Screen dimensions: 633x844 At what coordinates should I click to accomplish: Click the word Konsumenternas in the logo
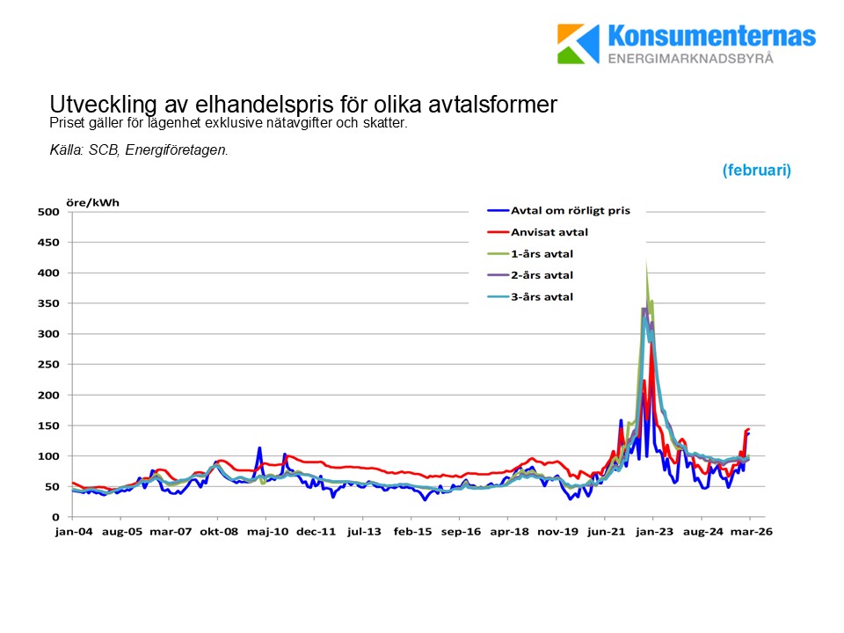pos(711,37)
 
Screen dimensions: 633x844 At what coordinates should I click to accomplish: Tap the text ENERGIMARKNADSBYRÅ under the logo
pos(690,58)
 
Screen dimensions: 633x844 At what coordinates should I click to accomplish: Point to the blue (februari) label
pos(756,171)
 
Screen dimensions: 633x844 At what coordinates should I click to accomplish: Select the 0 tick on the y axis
pos(55,517)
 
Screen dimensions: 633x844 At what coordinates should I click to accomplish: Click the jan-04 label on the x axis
pos(72,532)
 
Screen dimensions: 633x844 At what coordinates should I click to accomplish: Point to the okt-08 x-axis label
pos(218,532)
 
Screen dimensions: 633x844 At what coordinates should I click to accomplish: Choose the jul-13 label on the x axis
pos(364,532)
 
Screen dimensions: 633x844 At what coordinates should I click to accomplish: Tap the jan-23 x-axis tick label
pos(654,532)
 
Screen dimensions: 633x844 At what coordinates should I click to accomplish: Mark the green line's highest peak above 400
pos(647,261)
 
